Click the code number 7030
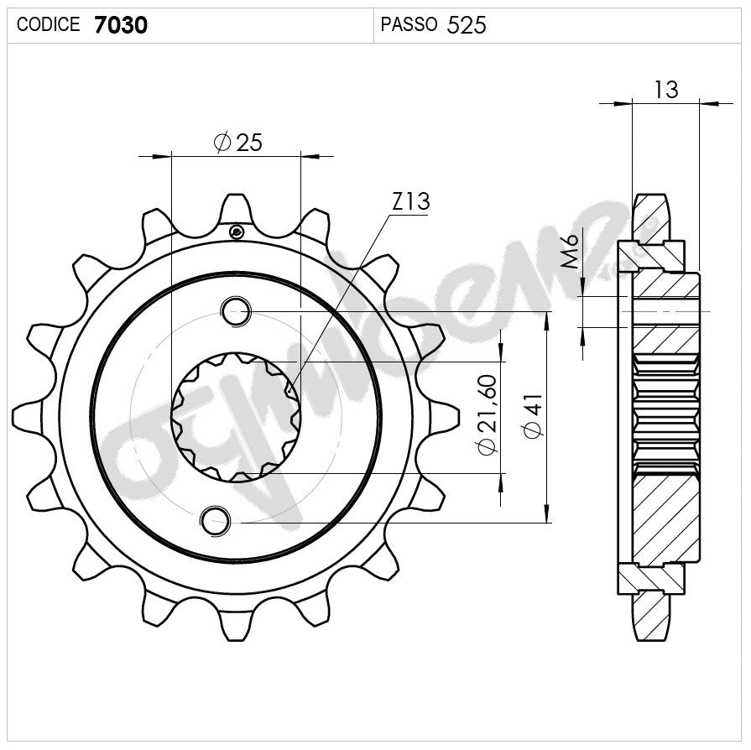121,25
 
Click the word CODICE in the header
49,25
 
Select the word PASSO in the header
409,25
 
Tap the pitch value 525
467,25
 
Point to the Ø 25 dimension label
238,143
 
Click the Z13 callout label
410,202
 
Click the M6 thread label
571,252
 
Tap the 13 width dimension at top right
665,90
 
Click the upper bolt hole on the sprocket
236,311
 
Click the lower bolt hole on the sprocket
215,520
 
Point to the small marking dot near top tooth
237,232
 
